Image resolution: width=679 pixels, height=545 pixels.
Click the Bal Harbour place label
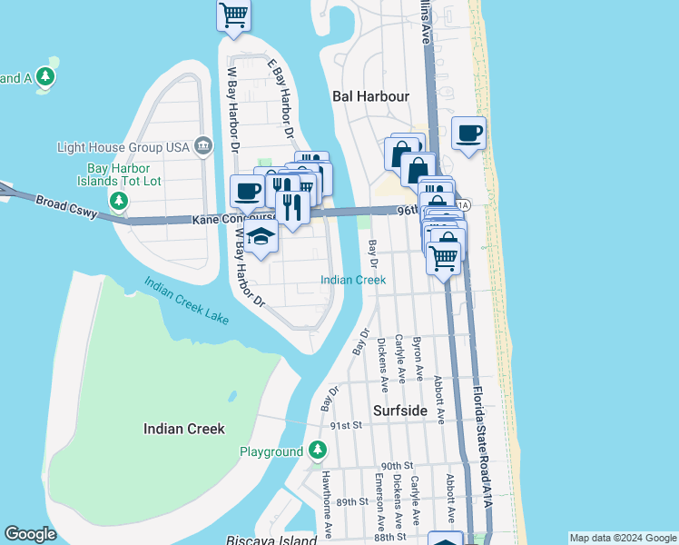coord(370,95)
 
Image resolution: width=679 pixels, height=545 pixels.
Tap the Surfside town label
coord(400,411)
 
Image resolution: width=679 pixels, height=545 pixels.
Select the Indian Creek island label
coord(183,428)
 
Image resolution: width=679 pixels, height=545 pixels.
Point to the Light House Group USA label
coord(122,147)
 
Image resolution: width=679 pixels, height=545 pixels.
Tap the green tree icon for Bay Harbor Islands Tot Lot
coord(118,199)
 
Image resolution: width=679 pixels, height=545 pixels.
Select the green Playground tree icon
coord(317,450)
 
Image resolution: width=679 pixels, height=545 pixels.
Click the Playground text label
coord(271,451)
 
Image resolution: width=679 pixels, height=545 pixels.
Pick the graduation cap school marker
coord(261,238)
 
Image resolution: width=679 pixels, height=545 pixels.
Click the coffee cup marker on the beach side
coord(468,134)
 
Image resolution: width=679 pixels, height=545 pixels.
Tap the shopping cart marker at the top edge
coord(234,14)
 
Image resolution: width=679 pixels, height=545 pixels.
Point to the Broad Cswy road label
coord(64,204)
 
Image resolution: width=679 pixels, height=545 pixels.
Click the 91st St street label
coord(347,424)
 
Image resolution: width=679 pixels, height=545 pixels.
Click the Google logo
coord(30,534)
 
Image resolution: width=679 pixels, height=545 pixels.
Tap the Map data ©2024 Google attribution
coord(623,538)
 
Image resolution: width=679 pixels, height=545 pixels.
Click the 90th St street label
coord(397,465)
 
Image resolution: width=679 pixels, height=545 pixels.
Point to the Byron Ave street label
coord(418,361)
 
